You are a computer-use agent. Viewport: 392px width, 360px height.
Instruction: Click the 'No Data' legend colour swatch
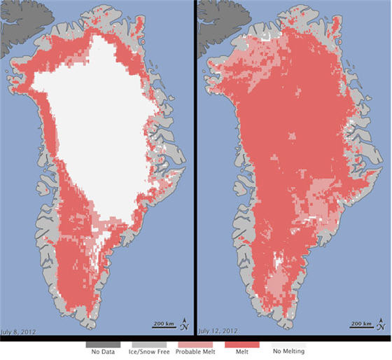tap(102, 345)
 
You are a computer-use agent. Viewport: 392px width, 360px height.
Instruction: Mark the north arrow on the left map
tap(184, 324)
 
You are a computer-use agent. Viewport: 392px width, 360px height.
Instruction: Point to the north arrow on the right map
tap(379, 324)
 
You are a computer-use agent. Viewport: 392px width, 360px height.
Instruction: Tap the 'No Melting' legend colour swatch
tap(287, 345)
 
